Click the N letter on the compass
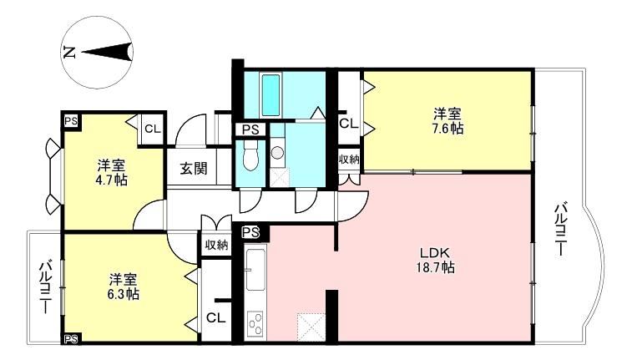point(69,53)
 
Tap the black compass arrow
point(107,52)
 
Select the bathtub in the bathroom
point(270,95)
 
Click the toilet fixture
point(250,158)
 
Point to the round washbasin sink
point(277,152)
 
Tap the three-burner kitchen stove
point(255,325)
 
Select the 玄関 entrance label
point(194,168)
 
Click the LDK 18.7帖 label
point(435,260)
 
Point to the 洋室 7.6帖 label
point(447,121)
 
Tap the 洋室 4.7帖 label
point(111,173)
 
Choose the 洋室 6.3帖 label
point(123,286)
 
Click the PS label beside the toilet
point(250,129)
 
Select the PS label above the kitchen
point(250,232)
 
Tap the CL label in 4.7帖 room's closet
point(153,129)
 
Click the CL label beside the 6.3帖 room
point(215,318)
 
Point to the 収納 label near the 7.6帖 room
point(349,160)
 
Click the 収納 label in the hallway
point(217,245)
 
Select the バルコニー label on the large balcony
point(561,230)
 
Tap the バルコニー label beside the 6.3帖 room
point(46,286)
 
